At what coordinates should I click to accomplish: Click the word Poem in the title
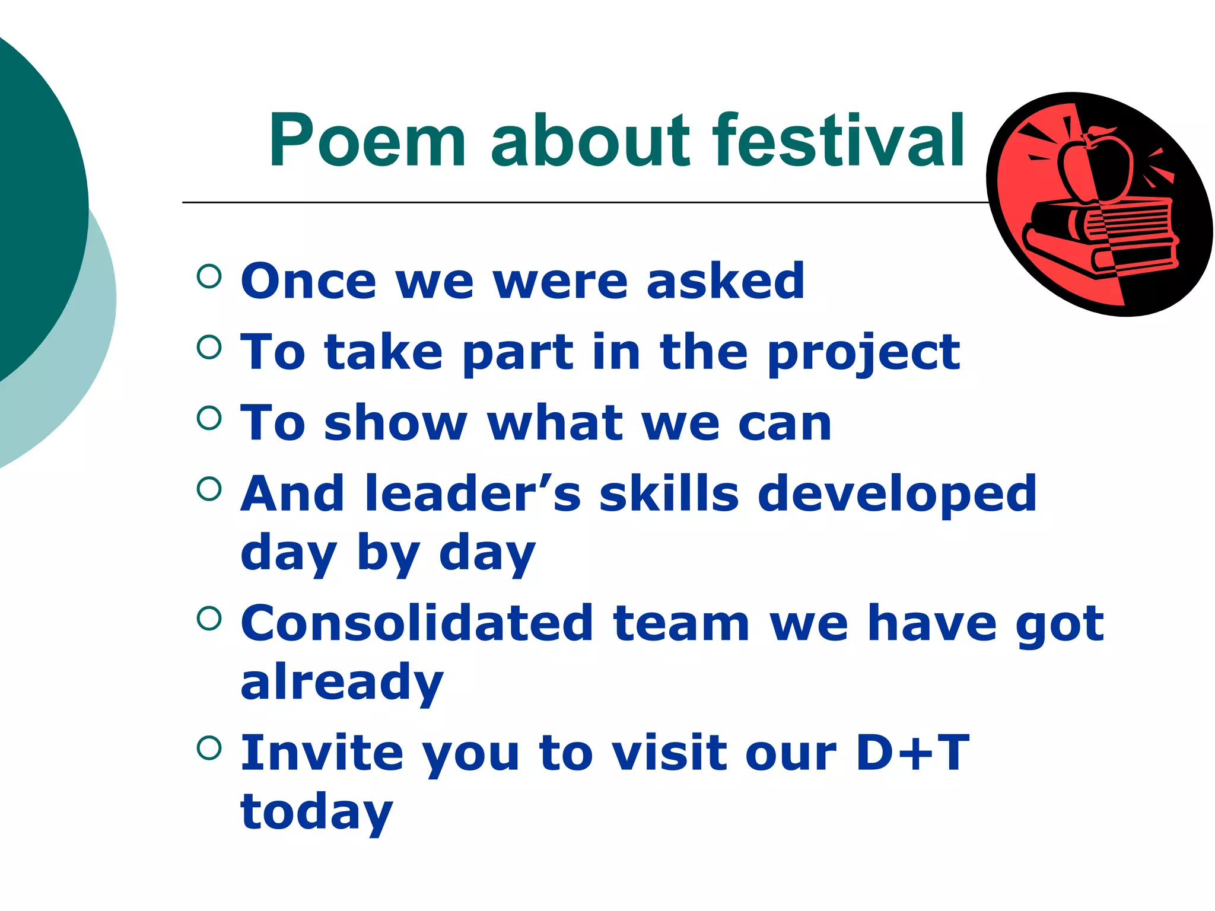(367, 141)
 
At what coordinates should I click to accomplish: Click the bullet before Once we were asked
(209, 276)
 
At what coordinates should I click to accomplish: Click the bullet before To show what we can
(209, 418)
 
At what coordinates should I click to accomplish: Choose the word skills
(669, 493)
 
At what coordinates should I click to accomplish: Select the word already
(342, 683)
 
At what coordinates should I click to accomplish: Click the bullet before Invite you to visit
(209, 748)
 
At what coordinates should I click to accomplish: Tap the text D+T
(912, 753)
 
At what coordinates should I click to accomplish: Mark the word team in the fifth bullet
(682, 623)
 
